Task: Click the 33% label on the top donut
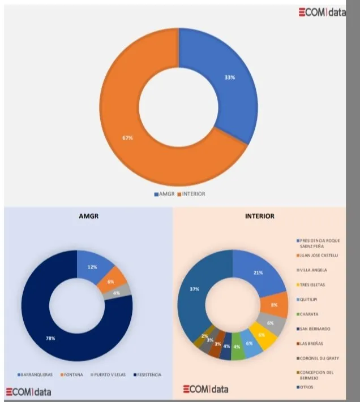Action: point(229,77)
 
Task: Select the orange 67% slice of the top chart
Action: point(128,138)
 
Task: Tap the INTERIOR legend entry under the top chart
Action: point(193,194)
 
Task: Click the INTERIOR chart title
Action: point(260,215)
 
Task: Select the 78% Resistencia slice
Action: point(50,338)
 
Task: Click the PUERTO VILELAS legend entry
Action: point(109,374)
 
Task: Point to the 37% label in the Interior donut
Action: point(194,289)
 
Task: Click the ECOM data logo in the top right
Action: point(323,13)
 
